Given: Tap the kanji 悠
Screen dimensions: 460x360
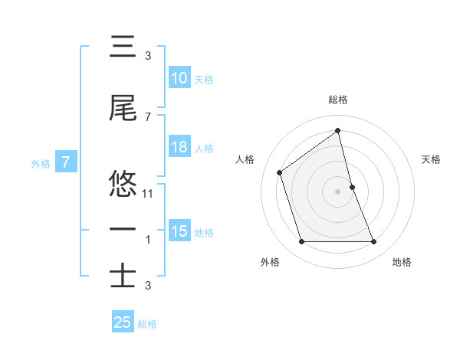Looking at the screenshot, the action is pos(123,184).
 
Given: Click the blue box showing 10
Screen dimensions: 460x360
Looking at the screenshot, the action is pos(179,79).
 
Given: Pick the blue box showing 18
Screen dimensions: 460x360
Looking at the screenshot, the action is pos(179,148).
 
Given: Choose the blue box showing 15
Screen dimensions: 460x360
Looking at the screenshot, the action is pos(179,232).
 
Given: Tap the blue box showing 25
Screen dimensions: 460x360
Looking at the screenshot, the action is pos(123,323).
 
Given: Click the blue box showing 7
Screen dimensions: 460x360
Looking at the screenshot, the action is pos(66,162).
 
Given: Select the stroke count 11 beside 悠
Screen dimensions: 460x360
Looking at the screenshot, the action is pos(149,194).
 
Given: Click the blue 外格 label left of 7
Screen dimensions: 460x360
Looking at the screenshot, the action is pos(41,163).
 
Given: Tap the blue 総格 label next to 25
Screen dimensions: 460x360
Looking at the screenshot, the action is pos(147,324).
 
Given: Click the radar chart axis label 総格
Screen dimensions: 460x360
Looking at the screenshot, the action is pos(338,100).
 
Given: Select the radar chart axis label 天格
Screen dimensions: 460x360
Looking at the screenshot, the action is pos(432,159).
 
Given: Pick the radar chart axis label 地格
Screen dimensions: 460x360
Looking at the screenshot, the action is pos(402,262).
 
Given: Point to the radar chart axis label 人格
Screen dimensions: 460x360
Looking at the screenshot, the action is pos(245,159).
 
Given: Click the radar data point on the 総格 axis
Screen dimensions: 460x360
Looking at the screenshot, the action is pos(338,131).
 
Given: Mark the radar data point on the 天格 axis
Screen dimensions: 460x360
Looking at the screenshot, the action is pos(353,187).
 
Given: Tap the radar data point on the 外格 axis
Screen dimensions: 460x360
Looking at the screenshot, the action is pos(301,242).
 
